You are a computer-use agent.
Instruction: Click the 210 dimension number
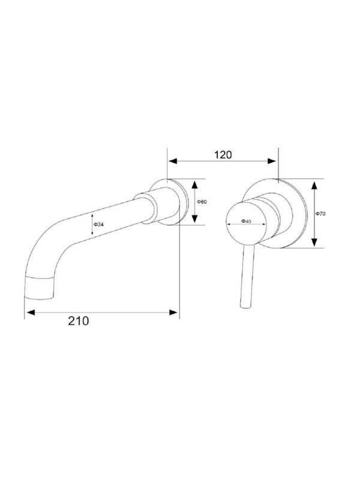tap(79, 321)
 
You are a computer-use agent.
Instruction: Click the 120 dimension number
tap(223, 155)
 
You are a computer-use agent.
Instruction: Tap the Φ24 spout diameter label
tap(98, 224)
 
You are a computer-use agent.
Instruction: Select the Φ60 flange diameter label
tap(202, 202)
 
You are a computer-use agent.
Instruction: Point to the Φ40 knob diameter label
tap(246, 221)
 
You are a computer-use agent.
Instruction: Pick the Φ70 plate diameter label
tap(320, 214)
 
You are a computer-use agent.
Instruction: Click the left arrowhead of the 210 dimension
tap(31, 312)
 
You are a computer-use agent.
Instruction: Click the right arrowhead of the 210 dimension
tap(173, 312)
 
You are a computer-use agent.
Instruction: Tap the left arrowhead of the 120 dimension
tap(173, 161)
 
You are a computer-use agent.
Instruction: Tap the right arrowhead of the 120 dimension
tap(272, 161)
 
